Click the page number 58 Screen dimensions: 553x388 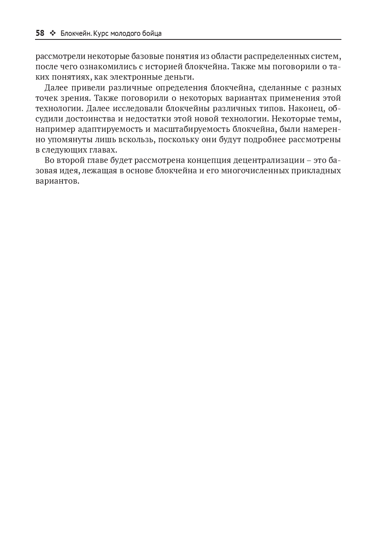pos(40,33)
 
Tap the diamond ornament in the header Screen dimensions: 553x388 pos(52,33)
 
